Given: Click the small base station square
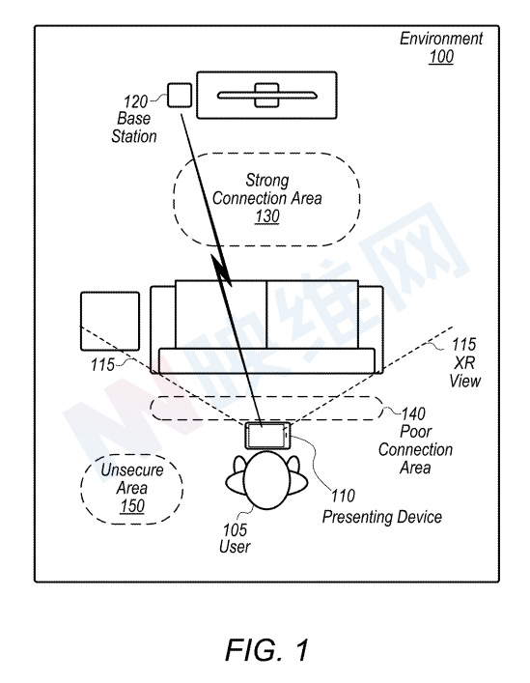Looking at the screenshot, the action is tap(180, 95).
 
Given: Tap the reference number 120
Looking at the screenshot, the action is tap(136, 101).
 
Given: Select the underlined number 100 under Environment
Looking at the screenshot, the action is tap(441, 57).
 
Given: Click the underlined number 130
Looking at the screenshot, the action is tap(266, 216).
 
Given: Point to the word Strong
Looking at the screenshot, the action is tap(267, 180).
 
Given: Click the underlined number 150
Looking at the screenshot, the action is tap(132, 505).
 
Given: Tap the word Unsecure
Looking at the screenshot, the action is tap(132, 470).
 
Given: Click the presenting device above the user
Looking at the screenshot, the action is tap(267, 435).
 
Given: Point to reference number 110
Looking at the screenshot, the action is tap(343, 496).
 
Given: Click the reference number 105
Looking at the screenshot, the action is tap(235, 529).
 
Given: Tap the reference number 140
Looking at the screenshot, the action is tap(413, 413).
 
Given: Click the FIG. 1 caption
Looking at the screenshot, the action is tap(266, 649).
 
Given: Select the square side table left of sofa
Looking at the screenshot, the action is tap(110, 322).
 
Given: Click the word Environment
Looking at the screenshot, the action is tap(441, 39).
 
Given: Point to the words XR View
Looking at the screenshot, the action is tap(464, 372).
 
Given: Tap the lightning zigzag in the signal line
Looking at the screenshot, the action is tap(222, 270).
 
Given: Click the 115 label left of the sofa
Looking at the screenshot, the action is tap(102, 364).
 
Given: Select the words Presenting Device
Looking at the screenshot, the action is tap(382, 517).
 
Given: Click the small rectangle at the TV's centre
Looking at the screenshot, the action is tap(266, 95).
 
